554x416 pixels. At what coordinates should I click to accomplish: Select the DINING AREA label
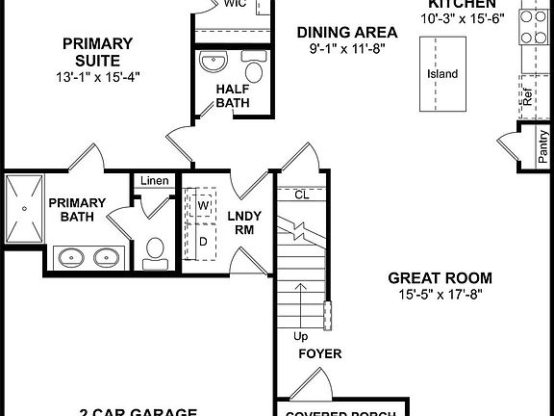(x=334, y=31)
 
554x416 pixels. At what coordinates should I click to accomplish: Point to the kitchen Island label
(x=442, y=74)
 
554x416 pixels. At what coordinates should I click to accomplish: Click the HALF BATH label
(x=234, y=96)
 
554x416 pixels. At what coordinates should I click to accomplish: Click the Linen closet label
(x=154, y=181)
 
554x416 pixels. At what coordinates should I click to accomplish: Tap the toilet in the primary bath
(x=153, y=252)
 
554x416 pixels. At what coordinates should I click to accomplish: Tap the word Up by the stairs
(x=301, y=337)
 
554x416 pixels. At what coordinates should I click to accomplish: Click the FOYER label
(x=319, y=354)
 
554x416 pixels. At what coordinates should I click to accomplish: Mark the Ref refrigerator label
(x=527, y=96)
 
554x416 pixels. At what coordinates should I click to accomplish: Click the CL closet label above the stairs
(x=301, y=195)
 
